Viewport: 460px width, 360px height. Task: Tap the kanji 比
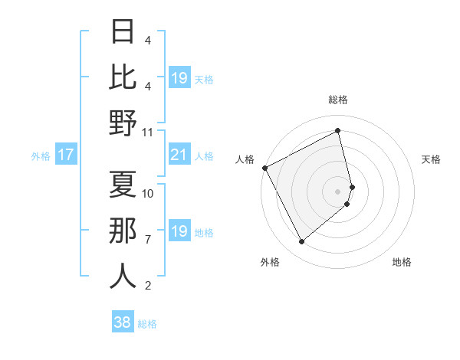[122, 77]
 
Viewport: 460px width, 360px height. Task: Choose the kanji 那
[122, 231]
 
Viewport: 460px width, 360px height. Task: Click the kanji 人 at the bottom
[122, 276]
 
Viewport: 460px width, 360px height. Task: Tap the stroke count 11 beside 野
[148, 132]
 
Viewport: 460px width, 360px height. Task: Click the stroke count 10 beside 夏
[148, 193]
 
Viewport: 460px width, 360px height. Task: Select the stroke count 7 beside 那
[148, 240]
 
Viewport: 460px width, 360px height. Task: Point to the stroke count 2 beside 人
[148, 286]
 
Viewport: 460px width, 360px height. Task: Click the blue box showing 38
[123, 322]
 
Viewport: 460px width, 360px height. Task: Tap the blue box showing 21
[179, 155]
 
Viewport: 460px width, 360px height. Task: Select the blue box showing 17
[65, 155]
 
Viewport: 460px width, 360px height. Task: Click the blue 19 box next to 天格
[179, 78]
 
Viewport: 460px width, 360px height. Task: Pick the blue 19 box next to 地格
[179, 231]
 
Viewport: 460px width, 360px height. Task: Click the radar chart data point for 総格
[338, 130]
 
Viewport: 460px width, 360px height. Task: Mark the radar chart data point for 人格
[264, 167]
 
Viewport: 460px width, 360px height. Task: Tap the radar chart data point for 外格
[301, 242]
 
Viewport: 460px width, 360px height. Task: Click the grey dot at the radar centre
[338, 191]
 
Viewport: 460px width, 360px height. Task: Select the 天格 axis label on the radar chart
[432, 159]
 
